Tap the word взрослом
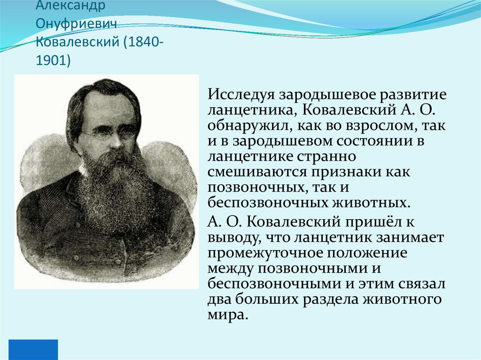377,126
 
